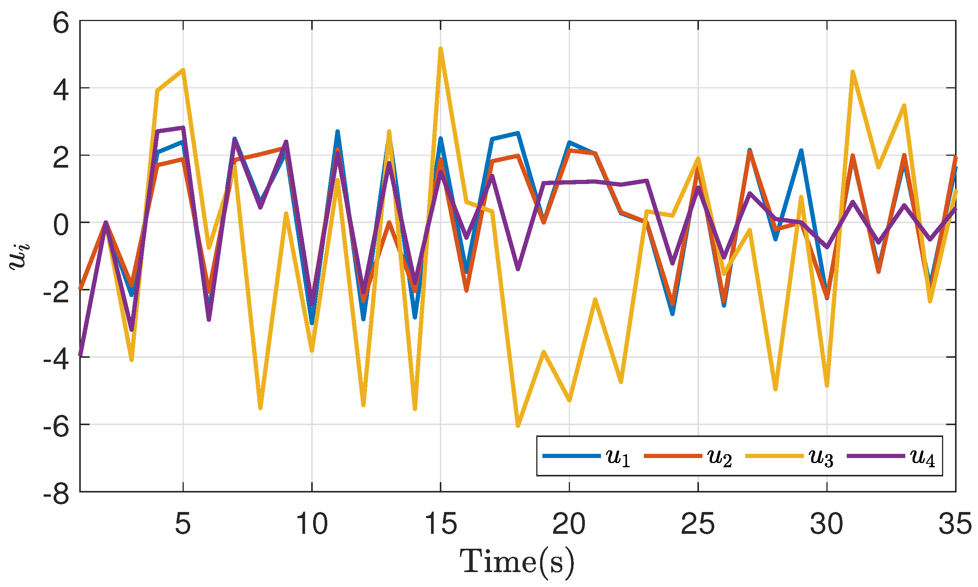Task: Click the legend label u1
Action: pos(617,458)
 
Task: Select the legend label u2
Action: pos(719,458)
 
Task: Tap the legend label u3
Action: pos(821,458)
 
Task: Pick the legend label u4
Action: pos(922,458)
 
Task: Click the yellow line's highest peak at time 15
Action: pos(440,49)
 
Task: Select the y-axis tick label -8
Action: pos(56,494)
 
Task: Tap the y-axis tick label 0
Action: pos(60,226)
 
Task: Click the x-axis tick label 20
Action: pos(569,524)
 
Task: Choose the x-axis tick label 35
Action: pos(955,524)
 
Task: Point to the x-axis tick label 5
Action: pos(183,524)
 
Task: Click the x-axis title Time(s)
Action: pos(517,562)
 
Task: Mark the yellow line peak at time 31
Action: pos(852,72)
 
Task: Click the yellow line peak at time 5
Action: pos(183,70)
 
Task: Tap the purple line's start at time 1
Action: pos(81,354)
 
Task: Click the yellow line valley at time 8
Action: pos(260,408)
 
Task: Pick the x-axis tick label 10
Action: pos(312,524)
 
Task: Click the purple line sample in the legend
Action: pos(875,456)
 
